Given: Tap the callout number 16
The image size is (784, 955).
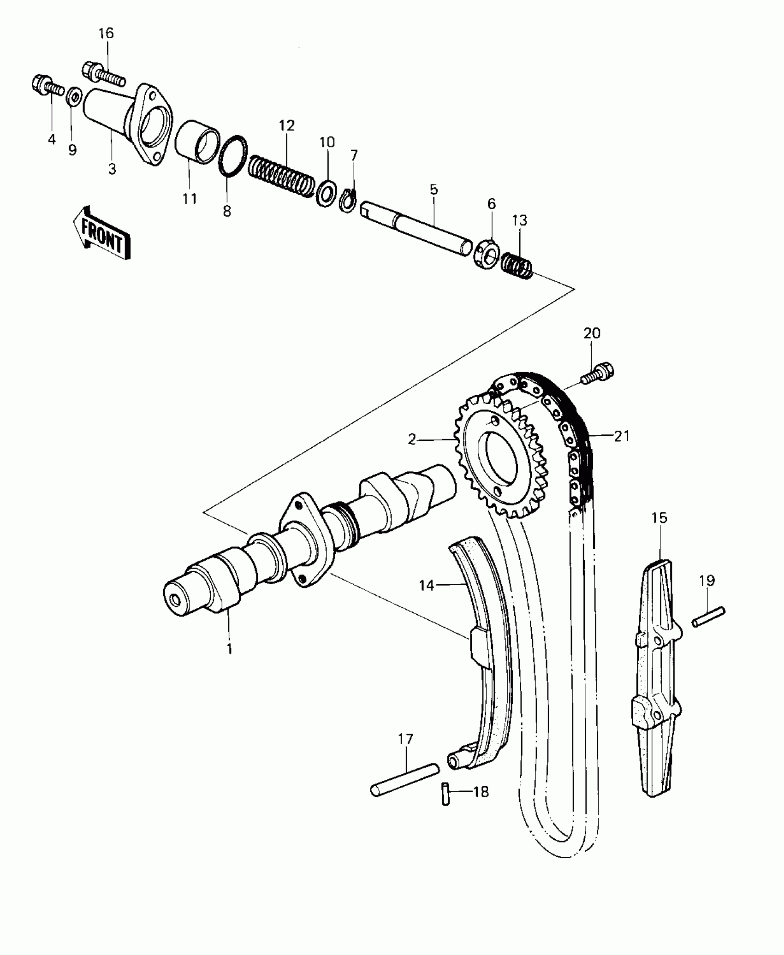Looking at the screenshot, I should pos(106,34).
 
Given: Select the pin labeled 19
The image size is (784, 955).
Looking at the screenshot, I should pos(708,617).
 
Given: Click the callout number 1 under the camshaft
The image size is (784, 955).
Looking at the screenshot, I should pos(229,649).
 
